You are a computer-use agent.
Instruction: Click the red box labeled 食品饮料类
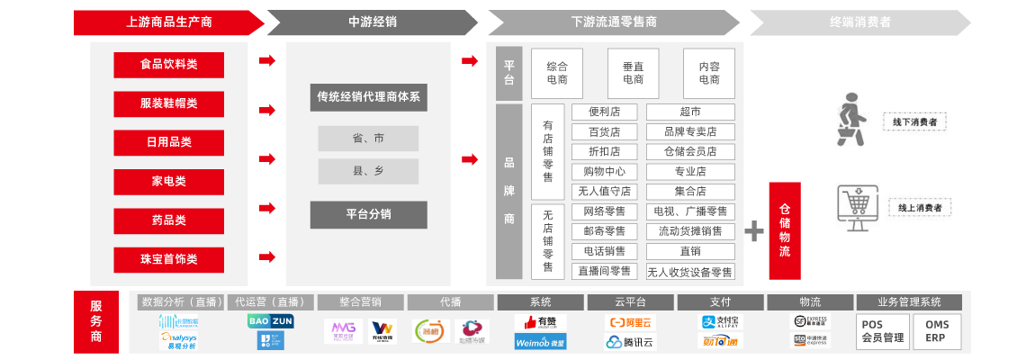pyautogui.click(x=168, y=65)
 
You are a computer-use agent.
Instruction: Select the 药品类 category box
pyautogui.click(x=168, y=220)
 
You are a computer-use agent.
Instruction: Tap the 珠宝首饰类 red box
pyautogui.click(x=168, y=259)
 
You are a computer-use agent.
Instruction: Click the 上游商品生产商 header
pyautogui.click(x=168, y=22)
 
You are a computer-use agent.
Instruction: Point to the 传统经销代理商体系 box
pyautogui.click(x=368, y=97)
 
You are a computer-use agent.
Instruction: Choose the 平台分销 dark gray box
pyautogui.click(x=368, y=214)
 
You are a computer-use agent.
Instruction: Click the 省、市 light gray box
pyautogui.click(x=368, y=139)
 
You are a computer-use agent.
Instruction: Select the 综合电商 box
pyautogui.click(x=557, y=73)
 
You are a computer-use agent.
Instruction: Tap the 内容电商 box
pyautogui.click(x=708, y=73)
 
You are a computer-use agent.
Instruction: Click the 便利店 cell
pyautogui.click(x=605, y=112)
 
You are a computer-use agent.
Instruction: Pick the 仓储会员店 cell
pyautogui.click(x=690, y=151)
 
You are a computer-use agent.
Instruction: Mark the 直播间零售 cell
pyautogui.click(x=605, y=271)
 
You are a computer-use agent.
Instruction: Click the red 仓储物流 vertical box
pyautogui.click(x=784, y=230)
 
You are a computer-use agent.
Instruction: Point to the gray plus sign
pyautogui.click(x=753, y=231)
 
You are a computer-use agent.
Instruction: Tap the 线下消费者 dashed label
pyautogui.click(x=915, y=122)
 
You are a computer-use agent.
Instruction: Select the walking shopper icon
pyautogui.click(x=850, y=118)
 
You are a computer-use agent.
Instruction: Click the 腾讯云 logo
pyautogui.click(x=629, y=341)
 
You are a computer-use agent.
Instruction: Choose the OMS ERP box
pyautogui.click(x=937, y=331)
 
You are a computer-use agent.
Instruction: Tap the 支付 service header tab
pyautogui.click(x=720, y=302)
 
